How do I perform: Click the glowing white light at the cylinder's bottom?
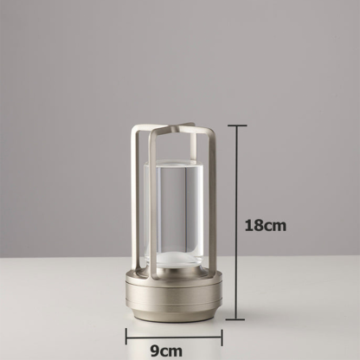(x=174, y=257)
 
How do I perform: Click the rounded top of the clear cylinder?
(x=174, y=162)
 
